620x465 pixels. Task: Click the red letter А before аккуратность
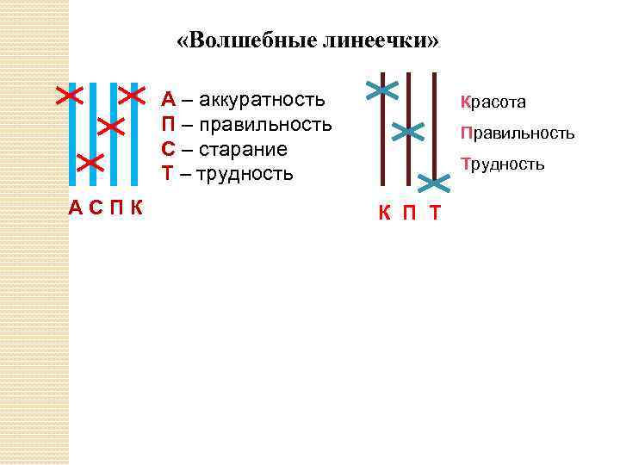tap(169, 100)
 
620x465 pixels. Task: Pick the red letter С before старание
tap(170, 150)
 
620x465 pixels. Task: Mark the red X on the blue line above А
tap(69, 94)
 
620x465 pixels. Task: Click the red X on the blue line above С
tap(90, 162)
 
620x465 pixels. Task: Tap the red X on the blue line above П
tap(111, 127)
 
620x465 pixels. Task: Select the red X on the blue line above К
tap(133, 94)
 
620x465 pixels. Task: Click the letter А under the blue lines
tap(76, 208)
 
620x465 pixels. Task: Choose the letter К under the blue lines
tap(136, 208)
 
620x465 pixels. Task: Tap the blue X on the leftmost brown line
tap(382, 90)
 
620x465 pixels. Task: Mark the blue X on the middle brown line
tap(408, 132)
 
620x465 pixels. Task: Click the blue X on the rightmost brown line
tap(435, 183)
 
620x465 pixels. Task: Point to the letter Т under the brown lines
tap(435, 213)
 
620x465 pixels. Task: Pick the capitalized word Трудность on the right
tap(503, 164)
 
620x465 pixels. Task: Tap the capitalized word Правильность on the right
tap(517, 133)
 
